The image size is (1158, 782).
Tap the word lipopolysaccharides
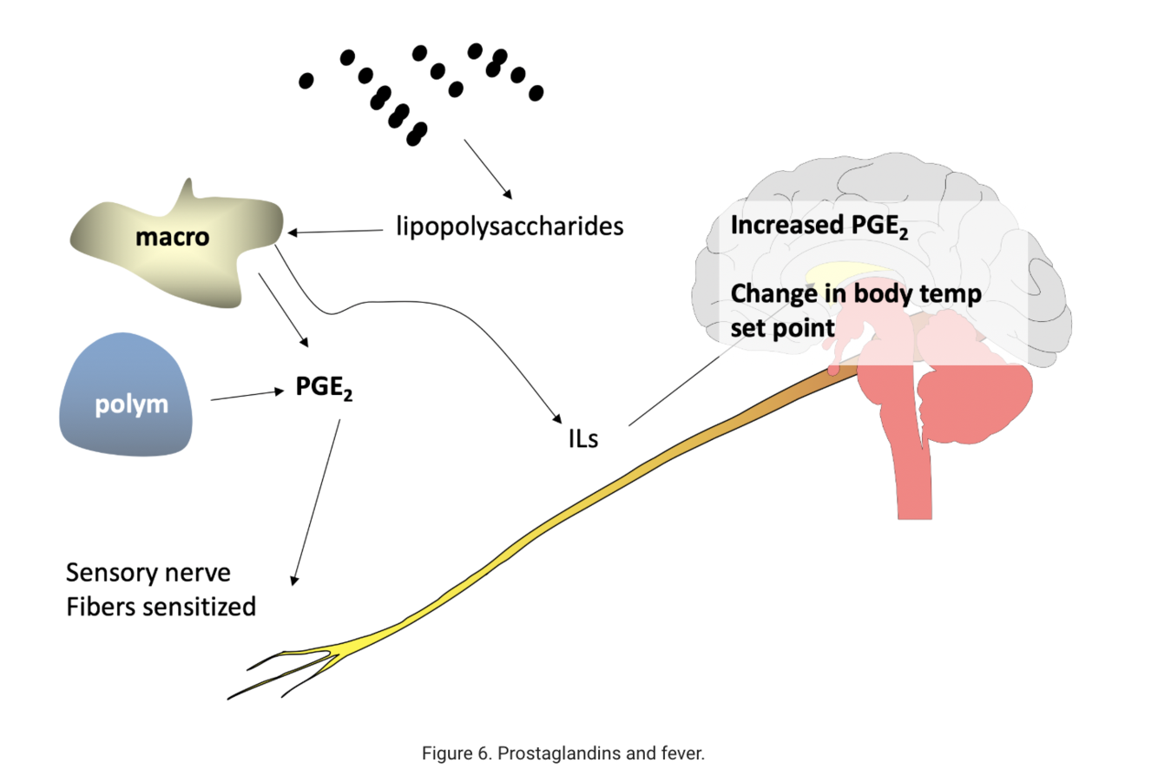510,227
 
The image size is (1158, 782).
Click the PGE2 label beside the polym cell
324,388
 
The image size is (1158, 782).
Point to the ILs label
582,438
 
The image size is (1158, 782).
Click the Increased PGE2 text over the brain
819,226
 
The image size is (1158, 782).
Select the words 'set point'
782,328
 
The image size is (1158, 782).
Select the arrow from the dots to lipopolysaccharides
488,168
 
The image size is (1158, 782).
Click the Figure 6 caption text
563,753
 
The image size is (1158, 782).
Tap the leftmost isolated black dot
306,81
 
